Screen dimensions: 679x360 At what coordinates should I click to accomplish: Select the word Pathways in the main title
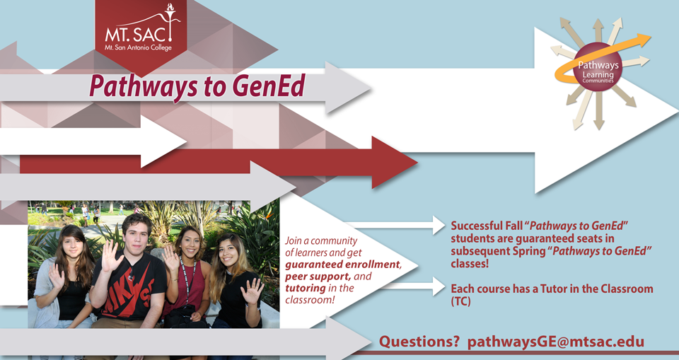[144, 87]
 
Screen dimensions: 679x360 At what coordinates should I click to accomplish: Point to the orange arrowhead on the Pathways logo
[643, 39]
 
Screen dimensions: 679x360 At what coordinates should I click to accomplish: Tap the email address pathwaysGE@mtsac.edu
[556, 342]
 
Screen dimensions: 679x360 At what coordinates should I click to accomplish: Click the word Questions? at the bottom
[419, 342]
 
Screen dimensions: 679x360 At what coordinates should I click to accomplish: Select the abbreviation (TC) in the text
[460, 301]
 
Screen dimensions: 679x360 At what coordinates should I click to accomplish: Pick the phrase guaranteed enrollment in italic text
[342, 265]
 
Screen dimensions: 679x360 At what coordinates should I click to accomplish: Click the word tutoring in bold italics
[306, 288]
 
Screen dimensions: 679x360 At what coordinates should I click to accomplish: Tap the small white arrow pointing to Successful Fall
[395, 225]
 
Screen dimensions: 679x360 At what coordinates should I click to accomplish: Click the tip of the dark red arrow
[417, 163]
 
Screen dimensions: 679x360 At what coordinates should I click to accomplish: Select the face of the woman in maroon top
[186, 242]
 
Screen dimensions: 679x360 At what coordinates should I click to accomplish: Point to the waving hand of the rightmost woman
[252, 290]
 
